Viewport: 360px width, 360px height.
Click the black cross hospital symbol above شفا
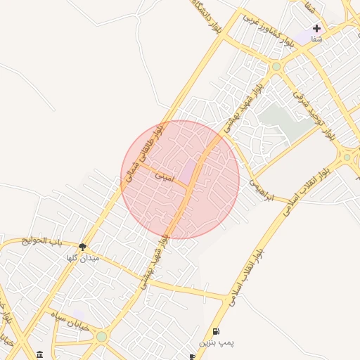(x=317, y=29)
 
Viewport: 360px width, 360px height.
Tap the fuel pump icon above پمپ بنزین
(x=215, y=331)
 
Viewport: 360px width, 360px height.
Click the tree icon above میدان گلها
(x=83, y=247)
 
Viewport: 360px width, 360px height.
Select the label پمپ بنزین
(x=215, y=343)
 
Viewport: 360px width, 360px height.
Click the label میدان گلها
(x=83, y=258)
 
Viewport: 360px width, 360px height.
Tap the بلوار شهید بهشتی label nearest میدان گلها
(x=153, y=264)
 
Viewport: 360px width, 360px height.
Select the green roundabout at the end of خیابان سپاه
(x=102, y=336)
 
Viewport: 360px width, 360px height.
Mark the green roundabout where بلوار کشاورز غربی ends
(x=276, y=67)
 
